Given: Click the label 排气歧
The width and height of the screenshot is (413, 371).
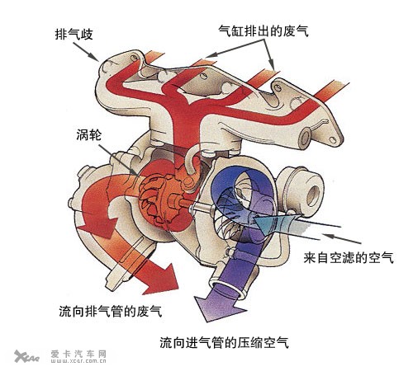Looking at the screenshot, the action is pos(74,35).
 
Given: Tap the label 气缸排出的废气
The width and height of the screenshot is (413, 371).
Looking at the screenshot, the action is pos(263,31).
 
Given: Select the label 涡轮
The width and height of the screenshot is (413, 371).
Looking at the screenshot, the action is pos(89,134).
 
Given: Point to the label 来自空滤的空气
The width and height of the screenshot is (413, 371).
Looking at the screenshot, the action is pos(349,257).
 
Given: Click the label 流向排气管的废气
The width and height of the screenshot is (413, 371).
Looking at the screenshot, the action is pos(111,311).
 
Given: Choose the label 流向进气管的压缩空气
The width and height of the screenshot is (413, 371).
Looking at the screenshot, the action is pos(224,342).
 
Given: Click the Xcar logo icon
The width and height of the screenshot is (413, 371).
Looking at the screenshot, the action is pos(26,356).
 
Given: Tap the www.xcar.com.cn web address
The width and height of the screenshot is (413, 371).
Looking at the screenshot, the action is pos(78,361).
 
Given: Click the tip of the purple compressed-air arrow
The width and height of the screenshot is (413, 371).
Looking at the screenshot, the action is pos(207,322).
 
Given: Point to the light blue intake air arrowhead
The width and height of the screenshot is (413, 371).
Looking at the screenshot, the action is pos(263,225).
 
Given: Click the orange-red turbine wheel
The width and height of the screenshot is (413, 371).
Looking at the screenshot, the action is pos(154,199).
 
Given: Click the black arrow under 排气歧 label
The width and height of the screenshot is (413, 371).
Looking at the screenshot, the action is pos(86,51).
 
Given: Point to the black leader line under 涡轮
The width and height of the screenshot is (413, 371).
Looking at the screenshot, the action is pos(118,159).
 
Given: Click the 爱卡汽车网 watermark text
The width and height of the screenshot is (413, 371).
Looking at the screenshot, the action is pos(78,354).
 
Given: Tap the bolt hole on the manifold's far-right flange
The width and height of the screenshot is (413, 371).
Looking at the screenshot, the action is pos(333,141).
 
